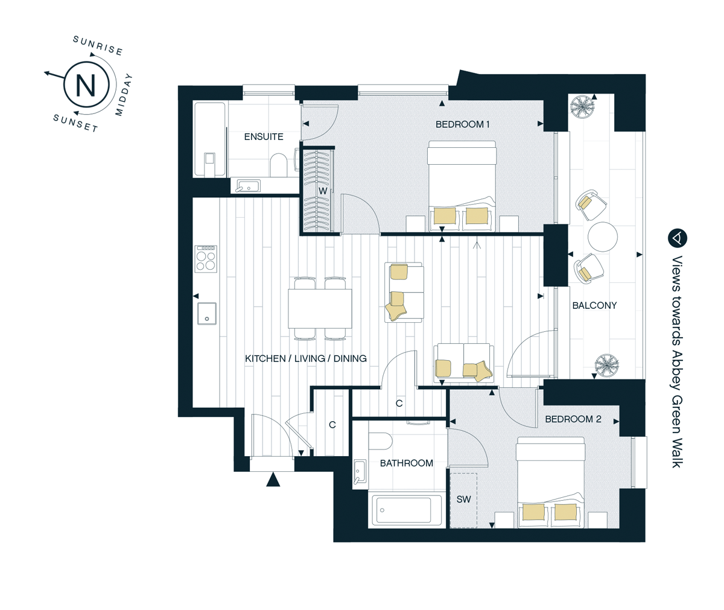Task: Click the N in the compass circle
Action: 86,85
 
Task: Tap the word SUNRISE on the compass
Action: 98,46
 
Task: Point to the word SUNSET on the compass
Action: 75,123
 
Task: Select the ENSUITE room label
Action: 264,136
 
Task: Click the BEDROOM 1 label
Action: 463,124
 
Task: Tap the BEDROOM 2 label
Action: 573,419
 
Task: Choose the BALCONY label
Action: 594,305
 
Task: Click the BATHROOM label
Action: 407,463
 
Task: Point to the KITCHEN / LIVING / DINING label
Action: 306,358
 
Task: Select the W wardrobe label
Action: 323,191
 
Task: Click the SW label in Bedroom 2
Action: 463,500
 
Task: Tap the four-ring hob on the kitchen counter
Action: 206,259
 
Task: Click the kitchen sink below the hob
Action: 207,314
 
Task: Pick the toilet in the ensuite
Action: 278,165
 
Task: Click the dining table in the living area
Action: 320,309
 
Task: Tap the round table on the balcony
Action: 603,237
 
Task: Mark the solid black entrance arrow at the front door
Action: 273,479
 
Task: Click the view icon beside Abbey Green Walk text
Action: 677,238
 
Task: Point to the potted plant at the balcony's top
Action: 583,107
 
